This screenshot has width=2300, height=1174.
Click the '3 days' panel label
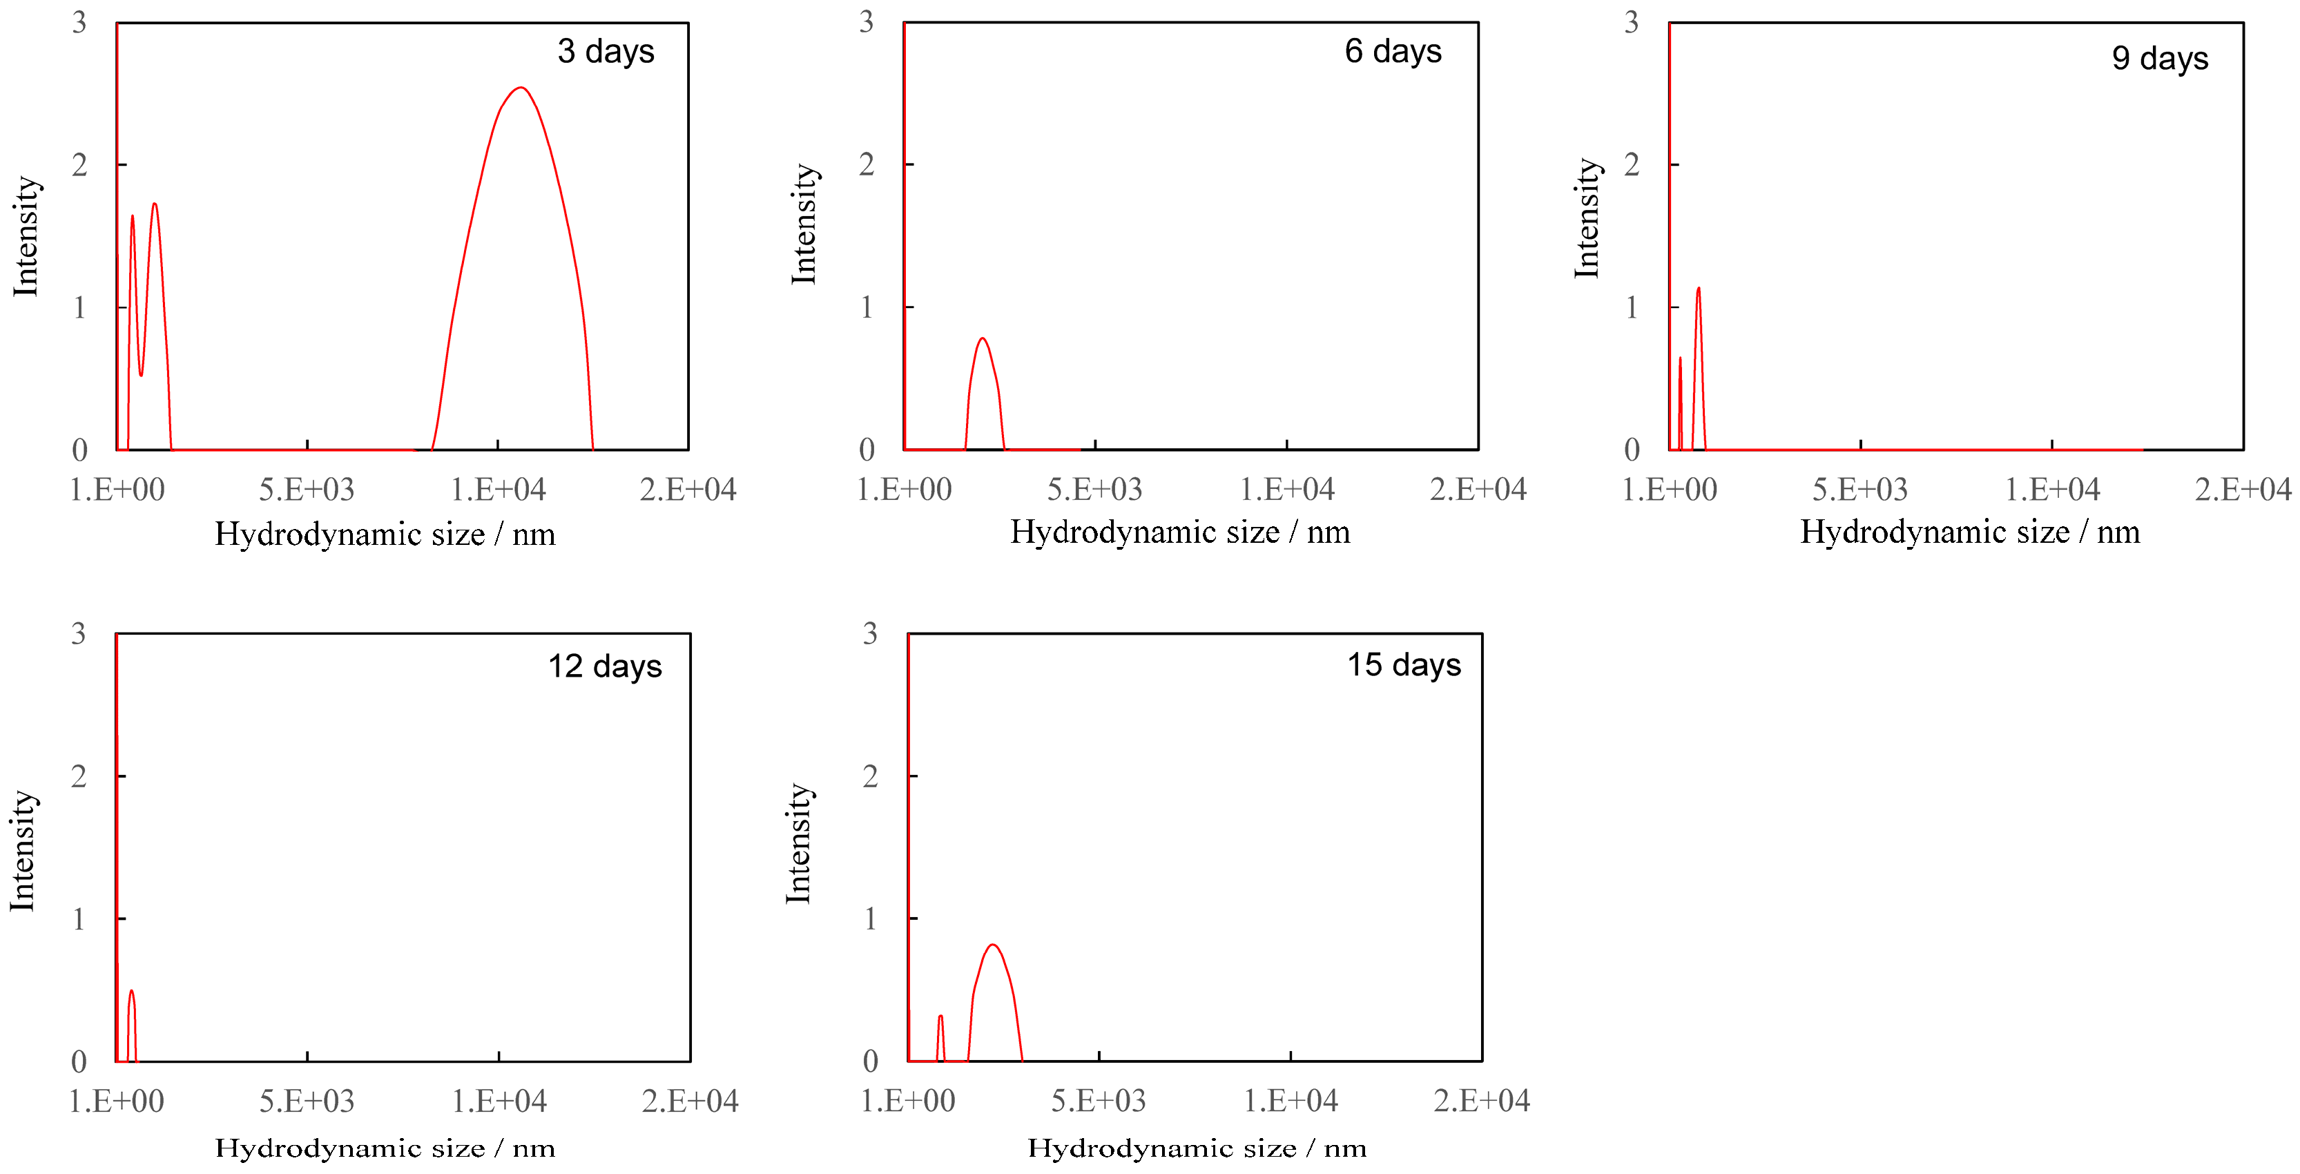pyautogui.click(x=606, y=52)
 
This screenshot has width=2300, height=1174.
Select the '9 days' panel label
pyautogui.click(x=2159, y=59)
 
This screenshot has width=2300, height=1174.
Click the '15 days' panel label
pyautogui.click(x=1404, y=665)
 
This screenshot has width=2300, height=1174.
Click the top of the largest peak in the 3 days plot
pyautogui.click(x=521, y=88)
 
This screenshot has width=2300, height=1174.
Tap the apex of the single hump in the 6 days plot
pyautogui.click(x=982, y=338)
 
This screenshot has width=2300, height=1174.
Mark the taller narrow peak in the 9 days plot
pyautogui.click(x=1698, y=289)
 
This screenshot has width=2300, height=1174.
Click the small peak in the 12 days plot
pyautogui.click(x=131, y=990)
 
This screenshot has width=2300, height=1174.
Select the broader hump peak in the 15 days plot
pyautogui.click(x=993, y=945)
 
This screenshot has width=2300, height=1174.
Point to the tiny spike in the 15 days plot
pyautogui.click(x=940, y=1016)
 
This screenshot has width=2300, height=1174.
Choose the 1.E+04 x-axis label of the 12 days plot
pyautogui.click(x=499, y=1101)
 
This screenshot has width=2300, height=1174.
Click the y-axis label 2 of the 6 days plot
pyautogui.click(x=866, y=164)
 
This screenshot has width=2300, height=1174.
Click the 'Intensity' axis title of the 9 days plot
pyautogui.click(x=1587, y=219)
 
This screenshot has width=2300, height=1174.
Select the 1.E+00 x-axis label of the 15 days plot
pyautogui.click(x=907, y=1101)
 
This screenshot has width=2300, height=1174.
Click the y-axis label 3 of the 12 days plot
pyautogui.click(x=79, y=634)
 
